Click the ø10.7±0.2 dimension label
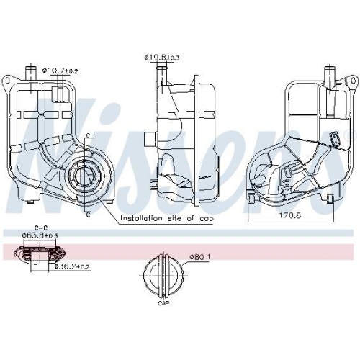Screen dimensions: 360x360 click(x=60, y=71)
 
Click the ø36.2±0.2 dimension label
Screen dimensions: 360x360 click(x=73, y=266)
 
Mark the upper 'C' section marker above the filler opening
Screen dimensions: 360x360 click(x=87, y=136)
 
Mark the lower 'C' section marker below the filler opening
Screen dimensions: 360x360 click(x=87, y=214)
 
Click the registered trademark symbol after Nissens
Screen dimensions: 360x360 click(x=352, y=135)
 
